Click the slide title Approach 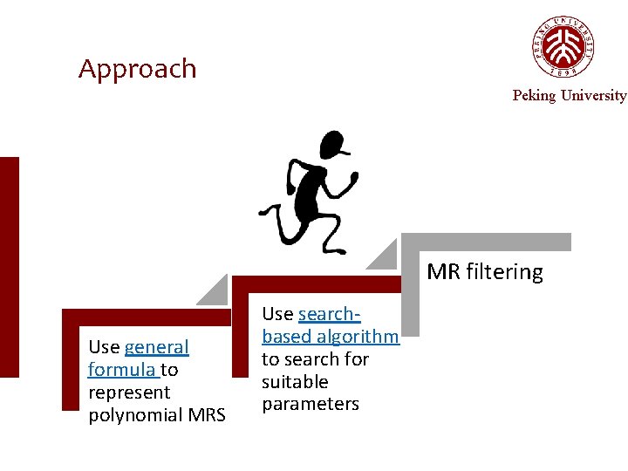tap(138, 69)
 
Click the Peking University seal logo tap(563, 47)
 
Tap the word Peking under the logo tap(533, 96)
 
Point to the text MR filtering tap(484, 272)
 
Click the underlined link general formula tap(139, 358)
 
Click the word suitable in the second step tap(295, 382)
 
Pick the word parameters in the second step tap(311, 405)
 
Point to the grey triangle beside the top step tap(383, 255)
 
